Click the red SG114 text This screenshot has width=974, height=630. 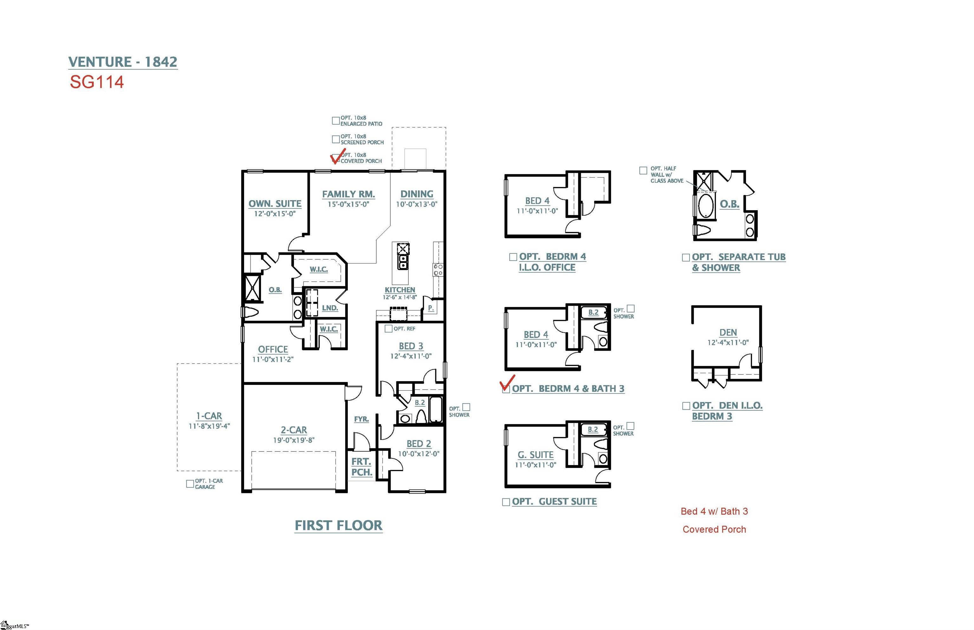pyautogui.click(x=96, y=82)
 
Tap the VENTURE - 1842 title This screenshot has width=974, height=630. pyautogui.click(x=123, y=62)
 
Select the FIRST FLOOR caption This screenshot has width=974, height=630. pyautogui.click(x=338, y=525)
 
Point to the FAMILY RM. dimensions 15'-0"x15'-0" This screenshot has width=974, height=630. pyautogui.click(x=348, y=204)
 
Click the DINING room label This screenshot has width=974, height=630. pyautogui.click(x=416, y=194)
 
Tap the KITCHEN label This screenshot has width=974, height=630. pyautogui.click(x=400, y=290)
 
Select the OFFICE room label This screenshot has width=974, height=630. pyautogui.click(x=273, y=349)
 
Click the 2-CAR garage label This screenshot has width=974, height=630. pyautogui.click(x=294, y=430)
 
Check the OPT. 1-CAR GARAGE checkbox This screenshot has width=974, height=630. pyautogui.click(x=190, y=484)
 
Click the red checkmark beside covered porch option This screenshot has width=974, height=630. pyautogui.click(x=337, y=157)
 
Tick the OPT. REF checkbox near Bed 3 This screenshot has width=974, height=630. pyautogui.click(x=388, y=328)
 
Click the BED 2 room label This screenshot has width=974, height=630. pyautogui.click(x=419, y=444)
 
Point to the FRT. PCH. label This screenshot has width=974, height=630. pyautogui.click(x=361, y=467)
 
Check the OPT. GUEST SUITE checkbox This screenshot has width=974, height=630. pyautogui.click(x=506, y=502)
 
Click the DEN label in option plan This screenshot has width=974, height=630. pyautogui.click(x=728, y=333)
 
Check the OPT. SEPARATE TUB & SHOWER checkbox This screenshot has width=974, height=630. pyautogui.click(x=686, y=257)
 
